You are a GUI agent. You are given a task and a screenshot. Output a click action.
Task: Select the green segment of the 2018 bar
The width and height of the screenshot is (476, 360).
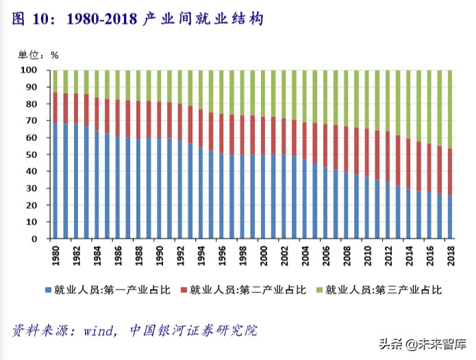pos(450,110)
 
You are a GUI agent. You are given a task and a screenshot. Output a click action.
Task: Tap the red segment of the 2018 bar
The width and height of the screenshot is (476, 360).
pos(450,172)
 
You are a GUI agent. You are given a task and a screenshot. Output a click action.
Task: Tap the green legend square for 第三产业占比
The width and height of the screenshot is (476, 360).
pos(318,290)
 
